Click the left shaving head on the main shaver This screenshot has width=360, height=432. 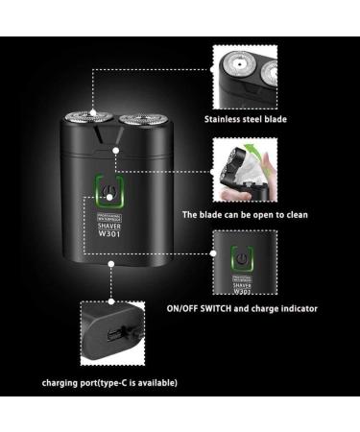(x=84, y=123)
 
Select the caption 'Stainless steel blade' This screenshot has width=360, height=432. (x=245, y=120)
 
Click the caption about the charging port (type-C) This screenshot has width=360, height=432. (x=108, y=382)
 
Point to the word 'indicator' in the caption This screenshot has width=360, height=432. (x=294, y=309)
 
